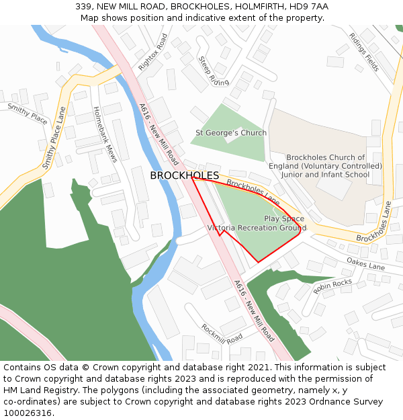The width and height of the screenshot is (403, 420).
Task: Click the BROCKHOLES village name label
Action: pos(184,175)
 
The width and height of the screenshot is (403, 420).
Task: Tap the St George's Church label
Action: pos(230,133)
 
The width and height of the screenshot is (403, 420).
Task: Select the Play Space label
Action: pos(283,219)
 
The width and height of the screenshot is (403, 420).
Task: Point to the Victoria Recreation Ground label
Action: pos(257,228)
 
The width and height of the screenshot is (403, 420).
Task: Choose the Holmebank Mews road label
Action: pos(105,134)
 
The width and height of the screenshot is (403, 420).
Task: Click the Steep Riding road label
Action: pos(214,71)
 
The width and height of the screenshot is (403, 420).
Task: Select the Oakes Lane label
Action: pos(366,263)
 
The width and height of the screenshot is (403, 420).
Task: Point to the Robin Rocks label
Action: pos(332,287)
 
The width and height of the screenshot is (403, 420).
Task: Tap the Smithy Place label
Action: pos(28,114)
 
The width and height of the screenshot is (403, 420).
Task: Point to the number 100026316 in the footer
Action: pos(28,413)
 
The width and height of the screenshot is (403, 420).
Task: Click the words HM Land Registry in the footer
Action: pos(37,390)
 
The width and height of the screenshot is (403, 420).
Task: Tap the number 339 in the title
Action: pos(83,6)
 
